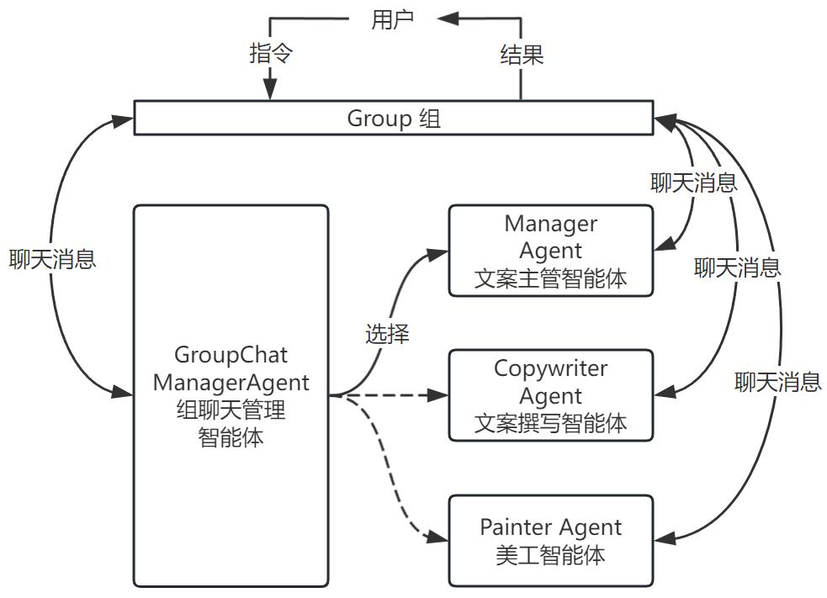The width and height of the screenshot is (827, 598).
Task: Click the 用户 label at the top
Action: pyautogui.click(x=393, y=20)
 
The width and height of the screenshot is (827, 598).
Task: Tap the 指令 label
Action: pyautogui.click(x=271, y=54)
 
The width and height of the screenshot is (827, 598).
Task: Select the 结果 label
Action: pyautogui.click(x=522, y=55)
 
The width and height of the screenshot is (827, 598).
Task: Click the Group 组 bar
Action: pyautogui.click(x=394, y=118)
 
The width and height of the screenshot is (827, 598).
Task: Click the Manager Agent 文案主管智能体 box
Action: pyautogui.click(x=550, y=251)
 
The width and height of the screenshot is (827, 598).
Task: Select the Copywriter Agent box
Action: pyautogui.click(x=550, y=394)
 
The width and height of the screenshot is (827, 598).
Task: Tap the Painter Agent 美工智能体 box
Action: pyautogui.click(x=550, y=541)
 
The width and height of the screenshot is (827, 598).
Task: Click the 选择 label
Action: pyautogui.click(x=387, y=334)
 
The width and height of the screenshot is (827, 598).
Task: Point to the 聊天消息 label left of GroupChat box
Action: pyautogui.click(x=53, y=258)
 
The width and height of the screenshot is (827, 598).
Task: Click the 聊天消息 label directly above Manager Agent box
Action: pyautogui.click(x=694, y=183)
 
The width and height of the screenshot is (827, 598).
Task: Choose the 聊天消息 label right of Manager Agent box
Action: pyautogui.click(x=737, y=267)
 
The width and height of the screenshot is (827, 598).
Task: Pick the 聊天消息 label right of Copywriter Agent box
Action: pyautogui.click(x=777, y=383)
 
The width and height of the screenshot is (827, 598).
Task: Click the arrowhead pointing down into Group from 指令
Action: pyautogui.click(x=270, y=90)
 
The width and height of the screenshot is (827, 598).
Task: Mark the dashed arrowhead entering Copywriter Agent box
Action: pyautogui.click(x=440, y=394)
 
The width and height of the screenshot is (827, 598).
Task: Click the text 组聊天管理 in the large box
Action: pyautogui.click(x=231, y=410)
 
